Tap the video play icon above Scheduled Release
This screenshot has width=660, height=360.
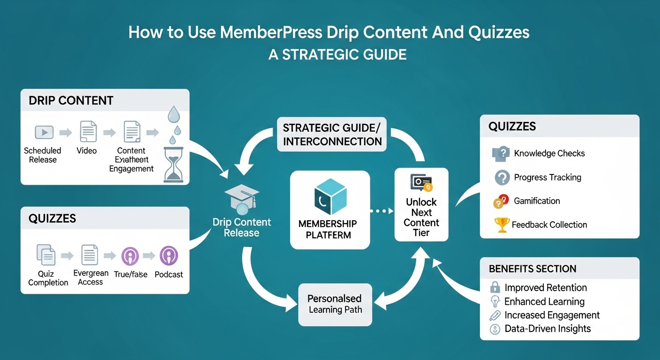(x=44, y=133)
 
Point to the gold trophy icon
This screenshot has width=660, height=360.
(x=502, y=225)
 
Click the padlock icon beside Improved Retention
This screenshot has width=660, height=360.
(x=495, y=287)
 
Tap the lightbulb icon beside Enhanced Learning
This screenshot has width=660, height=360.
(x=495, y=301)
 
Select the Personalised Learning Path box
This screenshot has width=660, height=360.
(x=335, y=304)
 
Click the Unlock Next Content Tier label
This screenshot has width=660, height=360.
(x=421, y=217)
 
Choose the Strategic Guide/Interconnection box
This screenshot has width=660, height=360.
(x=332, y=134)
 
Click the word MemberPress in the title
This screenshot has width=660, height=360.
(x=271, y=33)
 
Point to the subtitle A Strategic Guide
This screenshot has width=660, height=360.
(x=337, y=55)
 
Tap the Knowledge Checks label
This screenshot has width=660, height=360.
(x=549, y=153)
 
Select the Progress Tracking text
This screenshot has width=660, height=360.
(x=547, y=177)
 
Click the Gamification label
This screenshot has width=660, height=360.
(x=537, y=201)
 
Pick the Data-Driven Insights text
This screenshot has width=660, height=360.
(x=547, y=329)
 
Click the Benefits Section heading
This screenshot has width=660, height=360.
(x=532, y=269)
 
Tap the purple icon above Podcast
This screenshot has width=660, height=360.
(x=168, y=256)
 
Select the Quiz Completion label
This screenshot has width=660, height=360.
(x=48, y=278)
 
